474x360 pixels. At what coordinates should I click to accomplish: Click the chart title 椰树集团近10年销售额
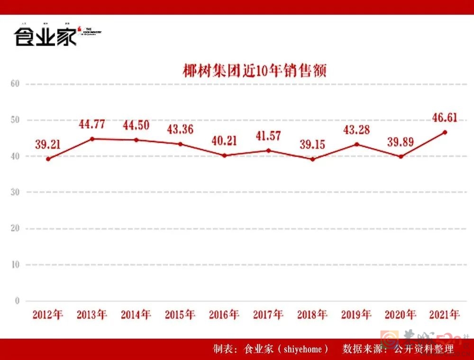pyautogui.click(x=255, y=71)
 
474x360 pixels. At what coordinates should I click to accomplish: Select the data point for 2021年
pyautogui.click(x=445, y=132)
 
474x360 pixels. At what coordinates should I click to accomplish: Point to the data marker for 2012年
pyautogui.click(x=48, y=159)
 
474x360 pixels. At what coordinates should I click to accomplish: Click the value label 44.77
pyautogui.click(x=91, y=125)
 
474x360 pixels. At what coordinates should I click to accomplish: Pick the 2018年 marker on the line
pyautogui.click(x=312, y=159)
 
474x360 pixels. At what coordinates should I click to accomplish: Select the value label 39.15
pyautogui.click(x=312, y=144)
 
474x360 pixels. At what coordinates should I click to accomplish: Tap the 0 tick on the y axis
pyautogui.click(x=17, y=301)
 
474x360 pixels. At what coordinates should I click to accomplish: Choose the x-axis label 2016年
pyautogui.click(x=224, y=315)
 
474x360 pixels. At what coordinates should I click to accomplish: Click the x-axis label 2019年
pyautogui.click(x=356, y=315)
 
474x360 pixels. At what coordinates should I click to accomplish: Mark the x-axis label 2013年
pyautogui.click(x=92, y=315)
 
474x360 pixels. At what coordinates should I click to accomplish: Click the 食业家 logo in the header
pyautogui.click(x=46, y=36)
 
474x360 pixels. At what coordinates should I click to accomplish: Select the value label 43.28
pyautogui.click(x=356, y=129)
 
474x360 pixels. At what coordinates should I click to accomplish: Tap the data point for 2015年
pyautogui.click(x=180, y=144)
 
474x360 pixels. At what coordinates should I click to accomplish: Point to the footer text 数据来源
pyautogui.click(x=360, y=350)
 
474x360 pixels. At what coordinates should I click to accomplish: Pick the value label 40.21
pyautogui.click(x=224, y=141)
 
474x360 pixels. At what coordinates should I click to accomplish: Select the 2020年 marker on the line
pyautogui.click(x=401, y=157)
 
